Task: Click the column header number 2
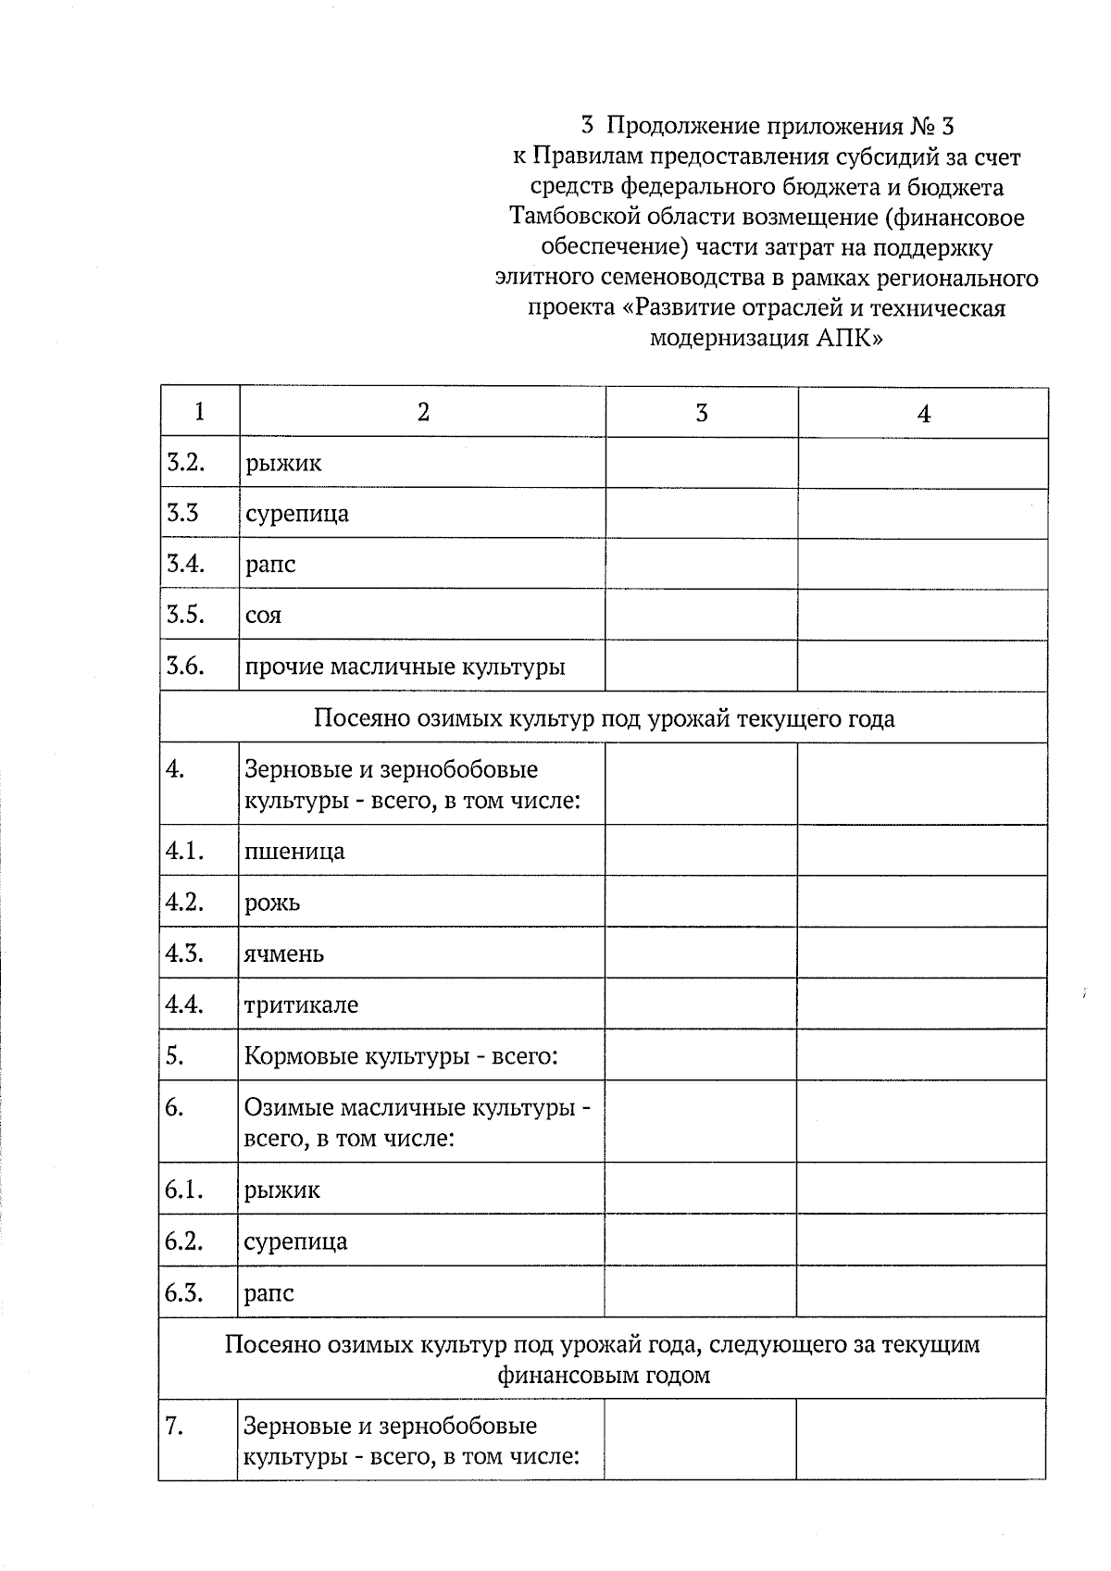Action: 423,413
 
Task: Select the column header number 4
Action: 923,414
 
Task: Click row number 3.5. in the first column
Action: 184,615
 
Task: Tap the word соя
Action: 263,616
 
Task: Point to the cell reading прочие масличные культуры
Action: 404,667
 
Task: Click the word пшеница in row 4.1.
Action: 294,852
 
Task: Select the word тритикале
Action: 301,1005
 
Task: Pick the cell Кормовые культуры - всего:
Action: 400,1056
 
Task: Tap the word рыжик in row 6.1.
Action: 282,1191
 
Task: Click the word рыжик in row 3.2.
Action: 283,463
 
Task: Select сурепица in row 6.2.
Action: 295,1241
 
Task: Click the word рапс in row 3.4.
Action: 270,565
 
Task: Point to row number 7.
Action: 174,1428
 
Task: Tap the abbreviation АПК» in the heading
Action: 850,339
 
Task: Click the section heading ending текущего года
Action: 604,718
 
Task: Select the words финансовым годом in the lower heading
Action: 604,1375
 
